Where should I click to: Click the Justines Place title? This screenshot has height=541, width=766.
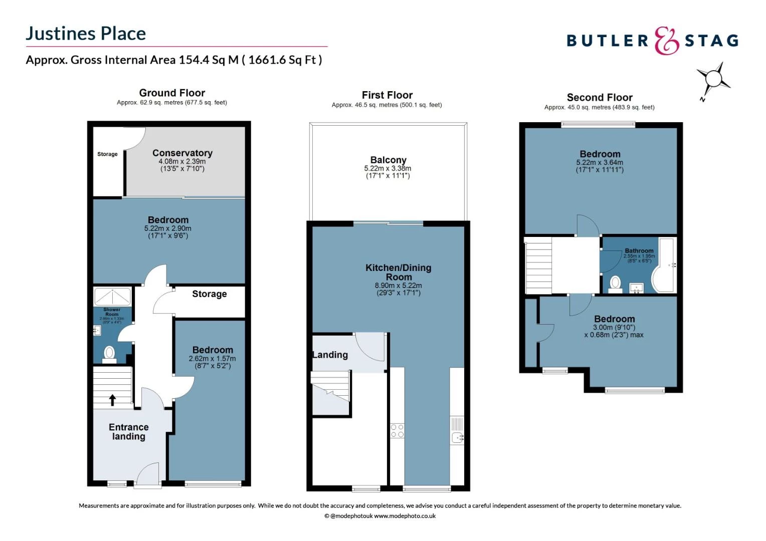86,34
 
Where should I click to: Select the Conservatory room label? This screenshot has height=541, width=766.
182,153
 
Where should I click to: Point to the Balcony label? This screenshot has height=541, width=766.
388,160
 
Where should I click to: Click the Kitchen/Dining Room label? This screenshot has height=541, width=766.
398,272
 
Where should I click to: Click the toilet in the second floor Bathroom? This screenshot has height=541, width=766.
615,284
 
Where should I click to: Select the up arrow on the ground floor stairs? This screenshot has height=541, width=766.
113,399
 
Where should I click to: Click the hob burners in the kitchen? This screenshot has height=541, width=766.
397,431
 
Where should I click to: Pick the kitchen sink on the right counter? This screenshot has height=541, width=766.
457,437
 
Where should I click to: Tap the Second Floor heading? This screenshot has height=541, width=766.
599,98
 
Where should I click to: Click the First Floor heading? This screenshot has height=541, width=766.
387,95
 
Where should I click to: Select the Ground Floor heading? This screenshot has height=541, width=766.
172,93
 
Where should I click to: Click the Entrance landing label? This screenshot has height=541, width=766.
128,432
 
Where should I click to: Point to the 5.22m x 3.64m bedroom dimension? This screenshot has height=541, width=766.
600,163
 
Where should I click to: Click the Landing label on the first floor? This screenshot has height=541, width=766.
330,355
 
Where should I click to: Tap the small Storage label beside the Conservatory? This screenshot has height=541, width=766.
107,154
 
